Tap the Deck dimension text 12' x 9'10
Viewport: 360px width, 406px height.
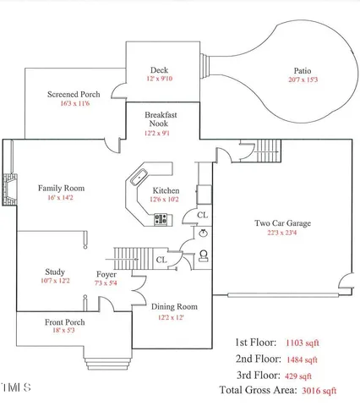coord(160,79)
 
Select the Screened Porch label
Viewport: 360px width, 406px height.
coord(74,94)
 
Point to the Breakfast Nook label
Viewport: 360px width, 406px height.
coord(160,118)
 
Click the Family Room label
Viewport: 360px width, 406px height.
coord(61,188)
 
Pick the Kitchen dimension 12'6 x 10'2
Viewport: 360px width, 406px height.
coord(166,200)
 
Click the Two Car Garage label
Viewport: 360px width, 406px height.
coord(282,223)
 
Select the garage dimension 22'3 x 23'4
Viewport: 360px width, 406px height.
coord(282,233)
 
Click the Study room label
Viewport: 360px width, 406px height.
coord(55,272)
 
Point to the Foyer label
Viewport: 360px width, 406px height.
coord(106,274)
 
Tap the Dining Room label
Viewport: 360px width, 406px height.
coord(174,306)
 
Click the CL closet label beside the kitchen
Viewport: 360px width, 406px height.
coord(203,216)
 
